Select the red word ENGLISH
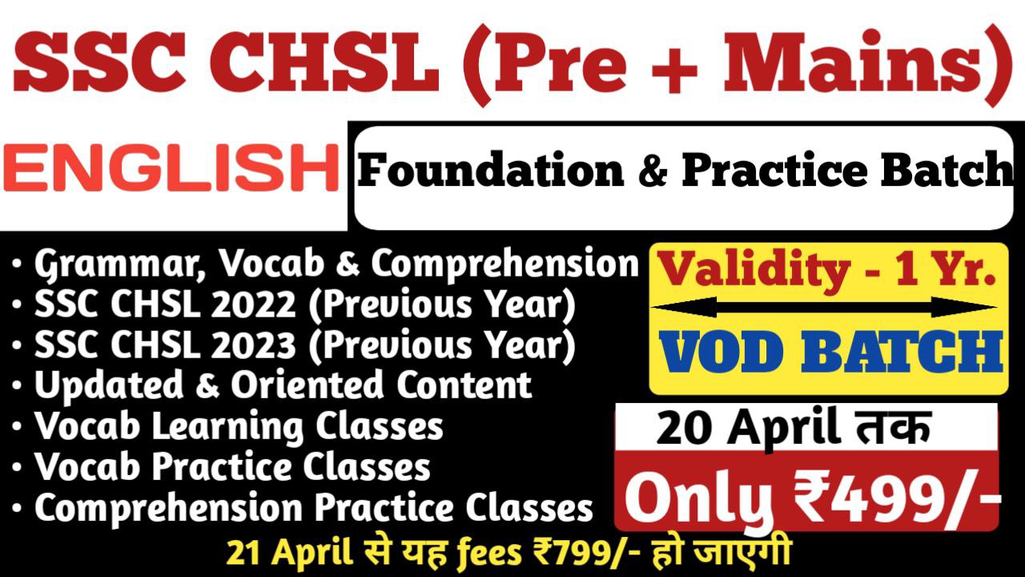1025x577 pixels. coord(171,168)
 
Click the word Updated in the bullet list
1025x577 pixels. coord(109,384)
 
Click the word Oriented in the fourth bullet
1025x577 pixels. coord(307,384)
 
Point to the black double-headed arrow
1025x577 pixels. coord(824,307)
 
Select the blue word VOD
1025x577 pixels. coord(726,352)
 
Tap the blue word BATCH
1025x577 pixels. coord(902,352)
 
